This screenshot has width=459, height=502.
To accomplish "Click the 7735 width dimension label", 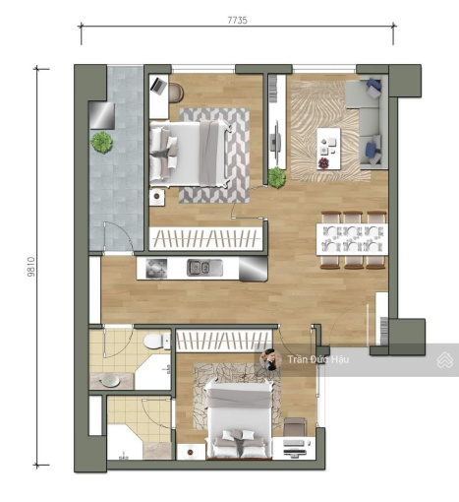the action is pyautogui.click(x=237, y=21).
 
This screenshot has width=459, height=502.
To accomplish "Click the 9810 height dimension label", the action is pyautogui.click(x=31, y=267).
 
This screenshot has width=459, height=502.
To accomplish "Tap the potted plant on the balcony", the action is pyautogui.click(x=102, y=143).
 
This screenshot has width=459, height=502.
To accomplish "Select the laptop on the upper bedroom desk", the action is pyautogui.click(x=159, y=86).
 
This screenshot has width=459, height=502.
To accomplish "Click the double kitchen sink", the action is pyautogui.click(x=199, y=268).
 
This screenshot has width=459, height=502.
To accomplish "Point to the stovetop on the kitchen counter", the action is pyautogui.click(x=156, y=269).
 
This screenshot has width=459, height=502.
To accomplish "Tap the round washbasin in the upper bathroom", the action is pyautogui.click(x=110, y=381).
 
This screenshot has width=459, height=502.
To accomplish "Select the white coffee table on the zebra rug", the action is pyautogui.click(x=328, y=149).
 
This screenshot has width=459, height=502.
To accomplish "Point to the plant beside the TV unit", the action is pyautogui.click(x=277, y=177).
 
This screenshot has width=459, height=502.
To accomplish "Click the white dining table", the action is pyautogui.click(x=352, y=239).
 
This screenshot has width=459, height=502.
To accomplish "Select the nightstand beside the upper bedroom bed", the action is pyautogui.click(x=157, y=197).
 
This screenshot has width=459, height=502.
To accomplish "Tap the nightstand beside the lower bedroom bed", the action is pyautogui.click(x=191, y=452).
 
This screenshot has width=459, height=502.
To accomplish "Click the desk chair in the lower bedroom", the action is pyautogui.click(x=295, y=427).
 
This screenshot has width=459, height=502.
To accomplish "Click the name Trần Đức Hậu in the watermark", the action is pyautogui.click(x=318, y=359).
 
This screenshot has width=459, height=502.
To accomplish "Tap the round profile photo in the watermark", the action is pyautogui.click(x=270, y=359).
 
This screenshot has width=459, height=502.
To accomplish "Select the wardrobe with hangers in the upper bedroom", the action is pyautogui.click(x=206, y=239).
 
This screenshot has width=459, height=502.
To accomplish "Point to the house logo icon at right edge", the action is pyautogui.click(x=445, y=360).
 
